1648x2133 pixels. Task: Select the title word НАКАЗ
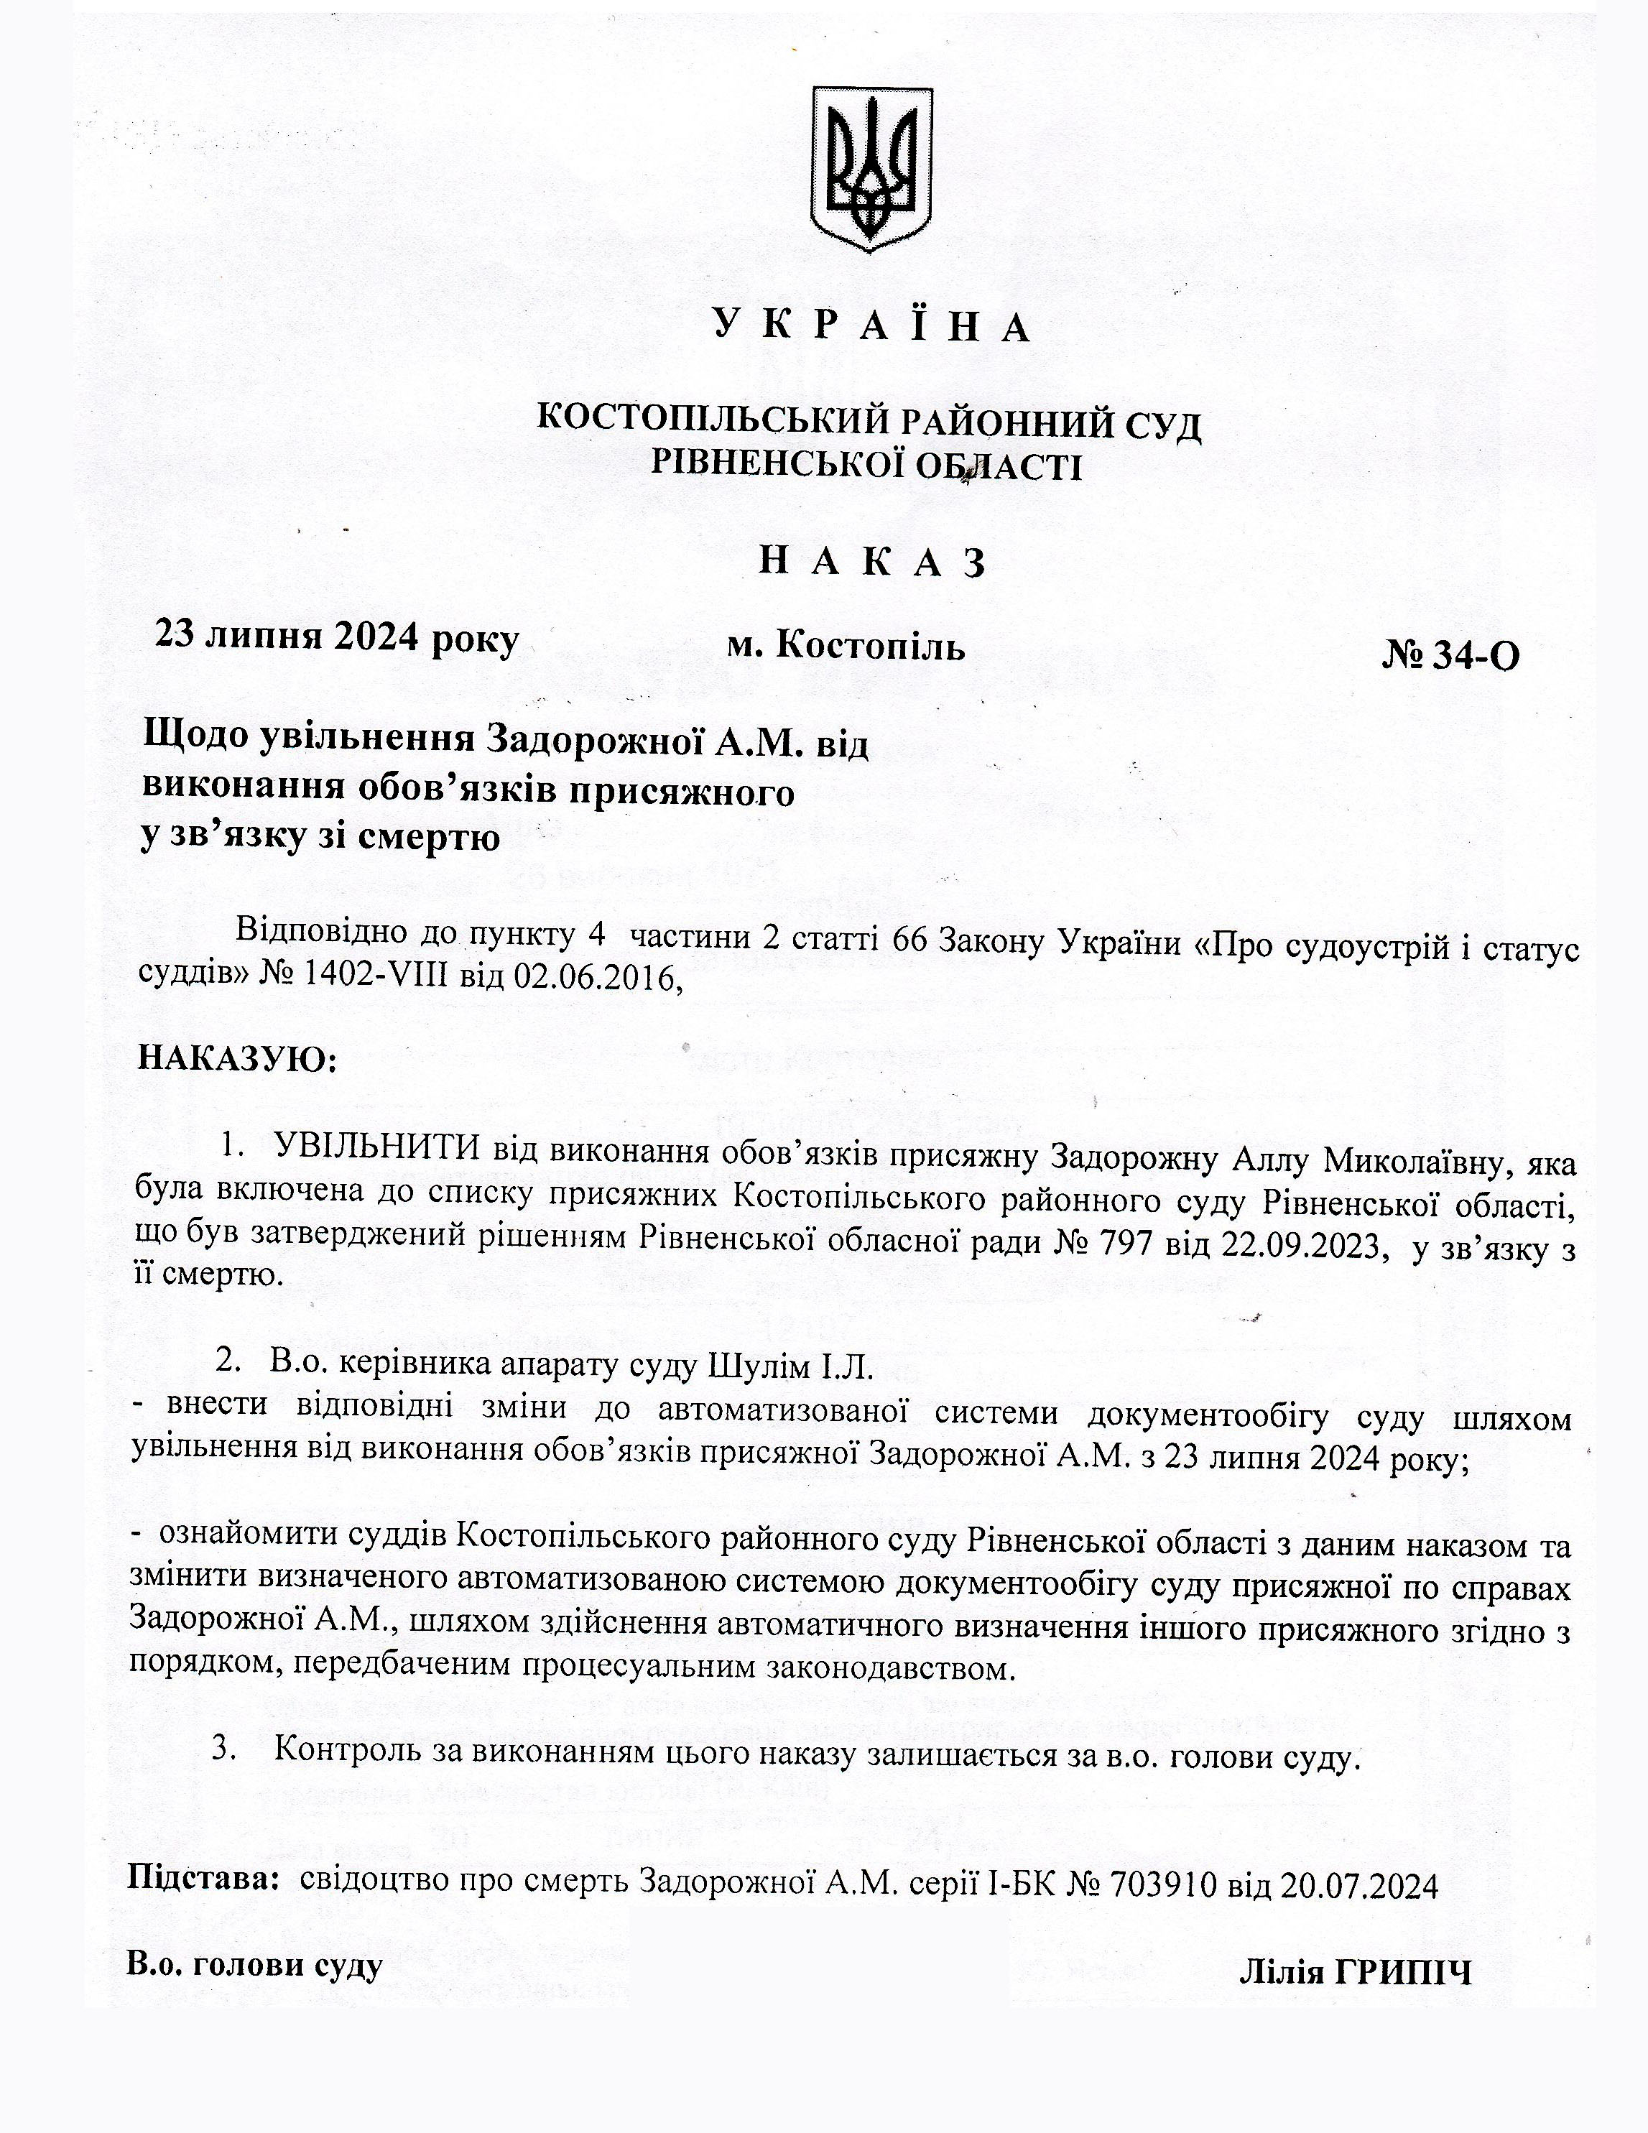pos(871,563)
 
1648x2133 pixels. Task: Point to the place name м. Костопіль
pos(846,647)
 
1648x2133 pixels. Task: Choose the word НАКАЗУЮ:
pos(237,1058)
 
